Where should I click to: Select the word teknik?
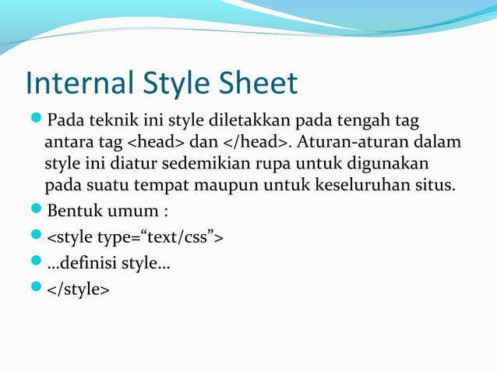coord(105,123)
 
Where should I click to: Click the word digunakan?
coord(390,165)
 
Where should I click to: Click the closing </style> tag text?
coord(79,289)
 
